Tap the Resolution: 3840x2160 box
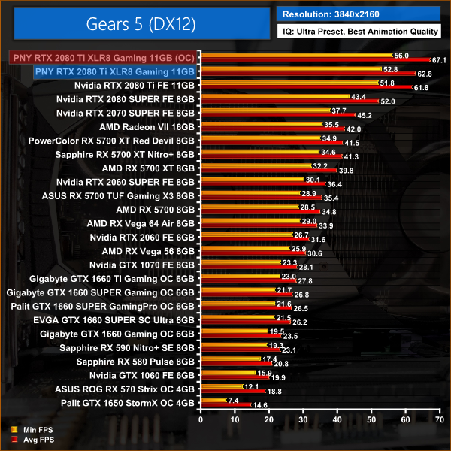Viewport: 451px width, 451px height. (x=358, y=14)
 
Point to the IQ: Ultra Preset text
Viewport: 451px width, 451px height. (x=358, y=32)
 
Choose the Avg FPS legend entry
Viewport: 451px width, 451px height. (x=30, y=440)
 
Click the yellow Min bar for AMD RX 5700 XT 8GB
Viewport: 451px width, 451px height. (x=255, y=166)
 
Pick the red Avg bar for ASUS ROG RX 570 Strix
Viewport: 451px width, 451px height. (x=232, y=392)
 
